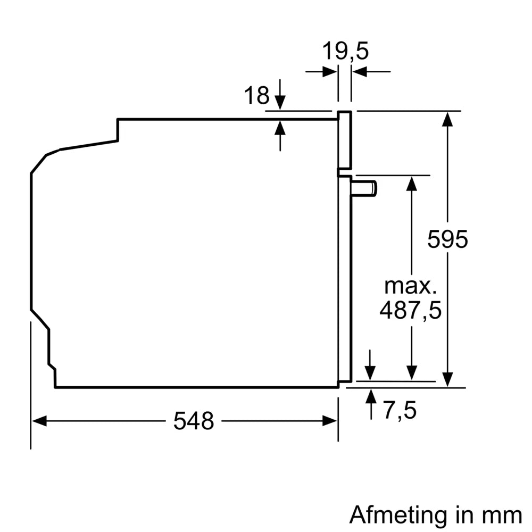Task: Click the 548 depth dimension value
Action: pyautogui.click(x=193, y=421)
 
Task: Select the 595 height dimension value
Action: pyautogui.click(x=447, y=239)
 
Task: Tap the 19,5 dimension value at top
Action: pyautogui.click(x=345, y=52)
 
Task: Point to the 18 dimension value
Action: pyautogui.click(x=256, y=96)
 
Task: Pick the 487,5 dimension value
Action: pyautogui.click(x=410, y=310)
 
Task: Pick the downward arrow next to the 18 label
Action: pyautogui.click(x=280, y=101)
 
